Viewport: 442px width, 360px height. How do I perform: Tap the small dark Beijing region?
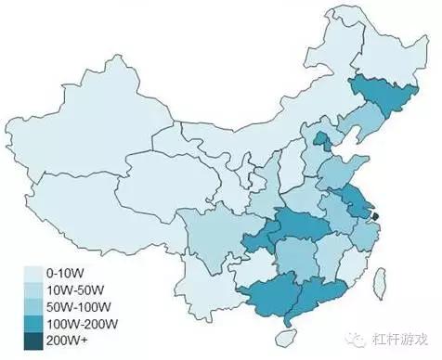point(321,141)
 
